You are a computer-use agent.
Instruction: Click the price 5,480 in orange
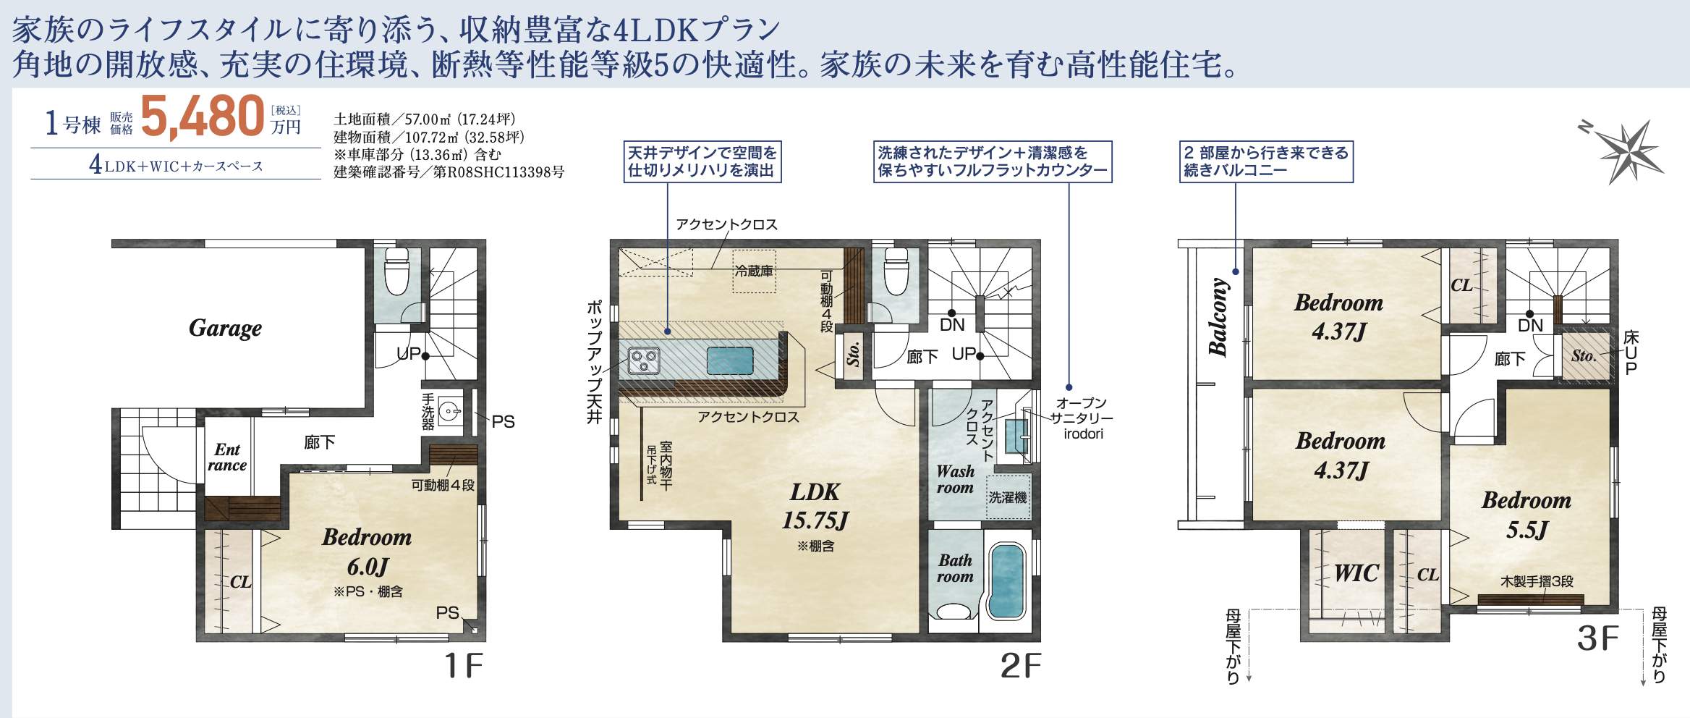pos(203,116)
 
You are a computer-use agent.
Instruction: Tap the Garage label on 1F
pos(225,329)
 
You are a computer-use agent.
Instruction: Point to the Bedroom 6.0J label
pos(367,552)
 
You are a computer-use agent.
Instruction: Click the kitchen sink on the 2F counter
pos(730,360)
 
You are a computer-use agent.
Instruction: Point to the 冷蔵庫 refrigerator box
pos(754,271)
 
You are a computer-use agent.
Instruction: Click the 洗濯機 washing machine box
pos(1008,497)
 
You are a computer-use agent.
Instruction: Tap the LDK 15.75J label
pos(815,506)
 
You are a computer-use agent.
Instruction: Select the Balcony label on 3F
pos(1218,317)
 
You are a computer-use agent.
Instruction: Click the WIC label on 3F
pos(1356,573)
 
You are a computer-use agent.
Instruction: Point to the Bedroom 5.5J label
pos(1526,515)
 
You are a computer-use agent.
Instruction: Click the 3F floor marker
pos(1597,638)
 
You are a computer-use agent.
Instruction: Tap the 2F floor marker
pos(1021,666)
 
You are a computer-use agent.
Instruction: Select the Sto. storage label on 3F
pos(1584,355)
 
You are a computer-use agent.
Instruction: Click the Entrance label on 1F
pos(227,457)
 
